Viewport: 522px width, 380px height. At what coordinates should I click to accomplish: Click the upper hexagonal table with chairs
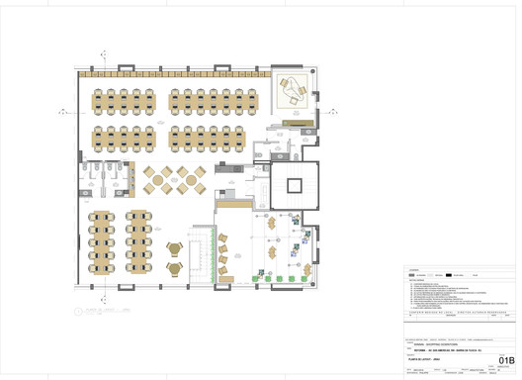tap(175, 247)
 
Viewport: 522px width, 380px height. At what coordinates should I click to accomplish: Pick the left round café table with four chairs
tap(157, 178)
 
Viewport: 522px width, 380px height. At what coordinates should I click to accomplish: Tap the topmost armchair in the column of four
tap(222, 237)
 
